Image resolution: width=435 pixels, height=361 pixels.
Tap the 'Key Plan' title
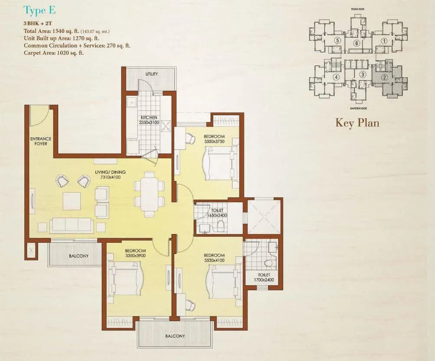click(x=357, y=122)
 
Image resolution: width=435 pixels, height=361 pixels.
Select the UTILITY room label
click(x=152, y=74)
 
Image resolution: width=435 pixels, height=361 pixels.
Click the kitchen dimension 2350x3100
click(x=149, y=122)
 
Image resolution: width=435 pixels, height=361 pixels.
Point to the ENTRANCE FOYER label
click(x=41, y=141)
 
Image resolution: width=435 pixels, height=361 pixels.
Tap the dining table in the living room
click(x=149, y=194)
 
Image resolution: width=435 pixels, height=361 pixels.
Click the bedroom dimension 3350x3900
click(x=135, y=255)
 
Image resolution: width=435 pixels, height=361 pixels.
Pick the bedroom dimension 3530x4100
click(x=214, y=261)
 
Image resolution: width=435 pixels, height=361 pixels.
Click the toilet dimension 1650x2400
click(x=217, y=215)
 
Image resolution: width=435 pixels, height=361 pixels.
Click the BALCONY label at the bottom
click(x=175, y=336)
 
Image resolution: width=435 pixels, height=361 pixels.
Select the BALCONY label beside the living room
click(x=78, y=256)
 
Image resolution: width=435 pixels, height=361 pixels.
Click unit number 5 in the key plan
click(x=337, y=40)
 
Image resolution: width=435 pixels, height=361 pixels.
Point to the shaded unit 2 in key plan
click(x=384, y=78)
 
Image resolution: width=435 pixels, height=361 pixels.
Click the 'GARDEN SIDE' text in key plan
click(x=359, y=108)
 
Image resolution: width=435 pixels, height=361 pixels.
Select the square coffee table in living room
click(x=72, y=201)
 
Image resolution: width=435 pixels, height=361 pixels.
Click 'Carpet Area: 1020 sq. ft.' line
click(x=54, y=53)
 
